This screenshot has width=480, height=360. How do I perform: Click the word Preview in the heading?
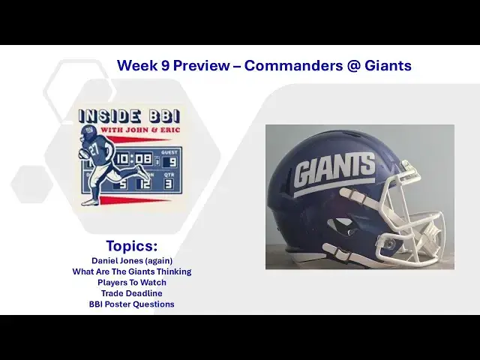[198, 65]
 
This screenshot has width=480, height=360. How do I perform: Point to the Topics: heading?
[132, 246]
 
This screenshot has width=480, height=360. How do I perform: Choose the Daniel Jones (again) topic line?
[132, 260]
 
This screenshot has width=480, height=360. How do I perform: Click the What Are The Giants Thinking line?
[132, 271]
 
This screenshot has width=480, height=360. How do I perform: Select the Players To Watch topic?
[132, 282]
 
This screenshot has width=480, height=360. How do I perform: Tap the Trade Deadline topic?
[132, 293]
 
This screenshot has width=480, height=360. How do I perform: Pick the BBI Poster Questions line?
[132, 304]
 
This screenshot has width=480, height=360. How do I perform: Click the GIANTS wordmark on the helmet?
[334, 172]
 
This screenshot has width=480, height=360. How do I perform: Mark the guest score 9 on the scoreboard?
[172, 161]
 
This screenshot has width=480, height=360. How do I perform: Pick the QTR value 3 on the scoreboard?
[169, 183]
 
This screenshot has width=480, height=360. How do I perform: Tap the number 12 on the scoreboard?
[144, 182]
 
